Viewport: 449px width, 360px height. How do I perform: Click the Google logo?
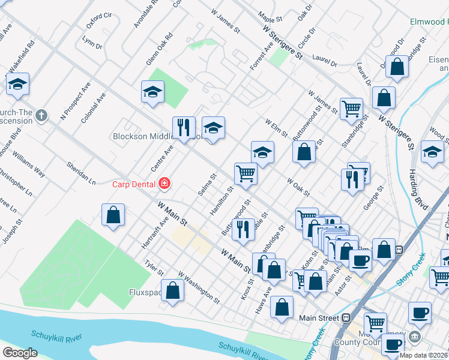click(20, 353)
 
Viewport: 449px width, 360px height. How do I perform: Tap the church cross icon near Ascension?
click(41, 115)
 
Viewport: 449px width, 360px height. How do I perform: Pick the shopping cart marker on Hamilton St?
click(246, 173)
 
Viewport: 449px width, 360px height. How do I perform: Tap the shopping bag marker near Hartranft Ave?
click(113, 215)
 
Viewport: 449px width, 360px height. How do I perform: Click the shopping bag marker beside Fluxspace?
click(173, 290)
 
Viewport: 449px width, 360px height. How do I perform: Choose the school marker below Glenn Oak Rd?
click(152, 92)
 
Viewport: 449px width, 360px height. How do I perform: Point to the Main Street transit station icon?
click(346, 317)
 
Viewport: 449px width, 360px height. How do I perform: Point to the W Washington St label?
click(199, 286)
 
